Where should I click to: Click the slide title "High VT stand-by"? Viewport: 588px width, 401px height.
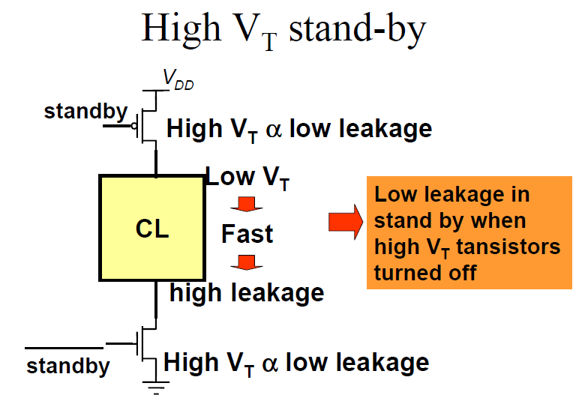pyautogui.click(x=283, y=30)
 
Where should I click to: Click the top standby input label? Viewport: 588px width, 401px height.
pyautogui.click(x=85, y=112)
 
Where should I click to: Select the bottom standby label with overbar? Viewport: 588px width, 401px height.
pyautogui.click(x=67, y=367)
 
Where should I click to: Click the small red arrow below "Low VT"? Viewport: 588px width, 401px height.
pyautogui.click(x=244, y=205)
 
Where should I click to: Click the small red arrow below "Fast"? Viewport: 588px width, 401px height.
pyautogui.click(x=244, y=262)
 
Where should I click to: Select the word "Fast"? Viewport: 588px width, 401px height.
pyautogui.click(x=247, y=235)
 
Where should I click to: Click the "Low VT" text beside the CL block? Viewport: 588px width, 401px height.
pyautogui.click(x=247, y=178)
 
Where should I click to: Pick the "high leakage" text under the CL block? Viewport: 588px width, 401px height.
pyautogui.click(x=247, y=292)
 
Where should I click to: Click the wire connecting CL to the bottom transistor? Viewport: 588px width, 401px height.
pyautogui.click(x=156, y=298)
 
